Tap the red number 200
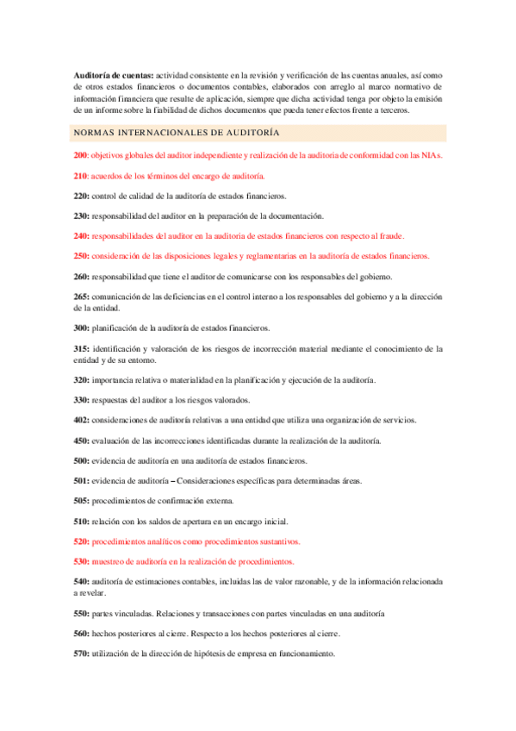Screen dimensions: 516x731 [x=81, y=155]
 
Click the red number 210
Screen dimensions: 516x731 [x=81, y=176]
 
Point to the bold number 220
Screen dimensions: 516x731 [x=81, y=196]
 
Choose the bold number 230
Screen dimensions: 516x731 [x=81, y=216]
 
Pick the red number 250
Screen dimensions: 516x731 [x=81, y=256]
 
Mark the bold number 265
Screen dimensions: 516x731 [x=81, y=297]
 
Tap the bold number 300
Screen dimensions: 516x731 [x=81, y=328]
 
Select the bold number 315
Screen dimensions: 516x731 [x=81, y=348]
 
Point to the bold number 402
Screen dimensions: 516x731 [x=81, y=420]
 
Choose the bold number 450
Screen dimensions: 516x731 [x=81, y=440]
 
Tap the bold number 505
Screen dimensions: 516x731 [x=81, y=501]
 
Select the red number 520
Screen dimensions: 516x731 [x=81, y=541]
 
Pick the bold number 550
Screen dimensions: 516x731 [x=81, y=613]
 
